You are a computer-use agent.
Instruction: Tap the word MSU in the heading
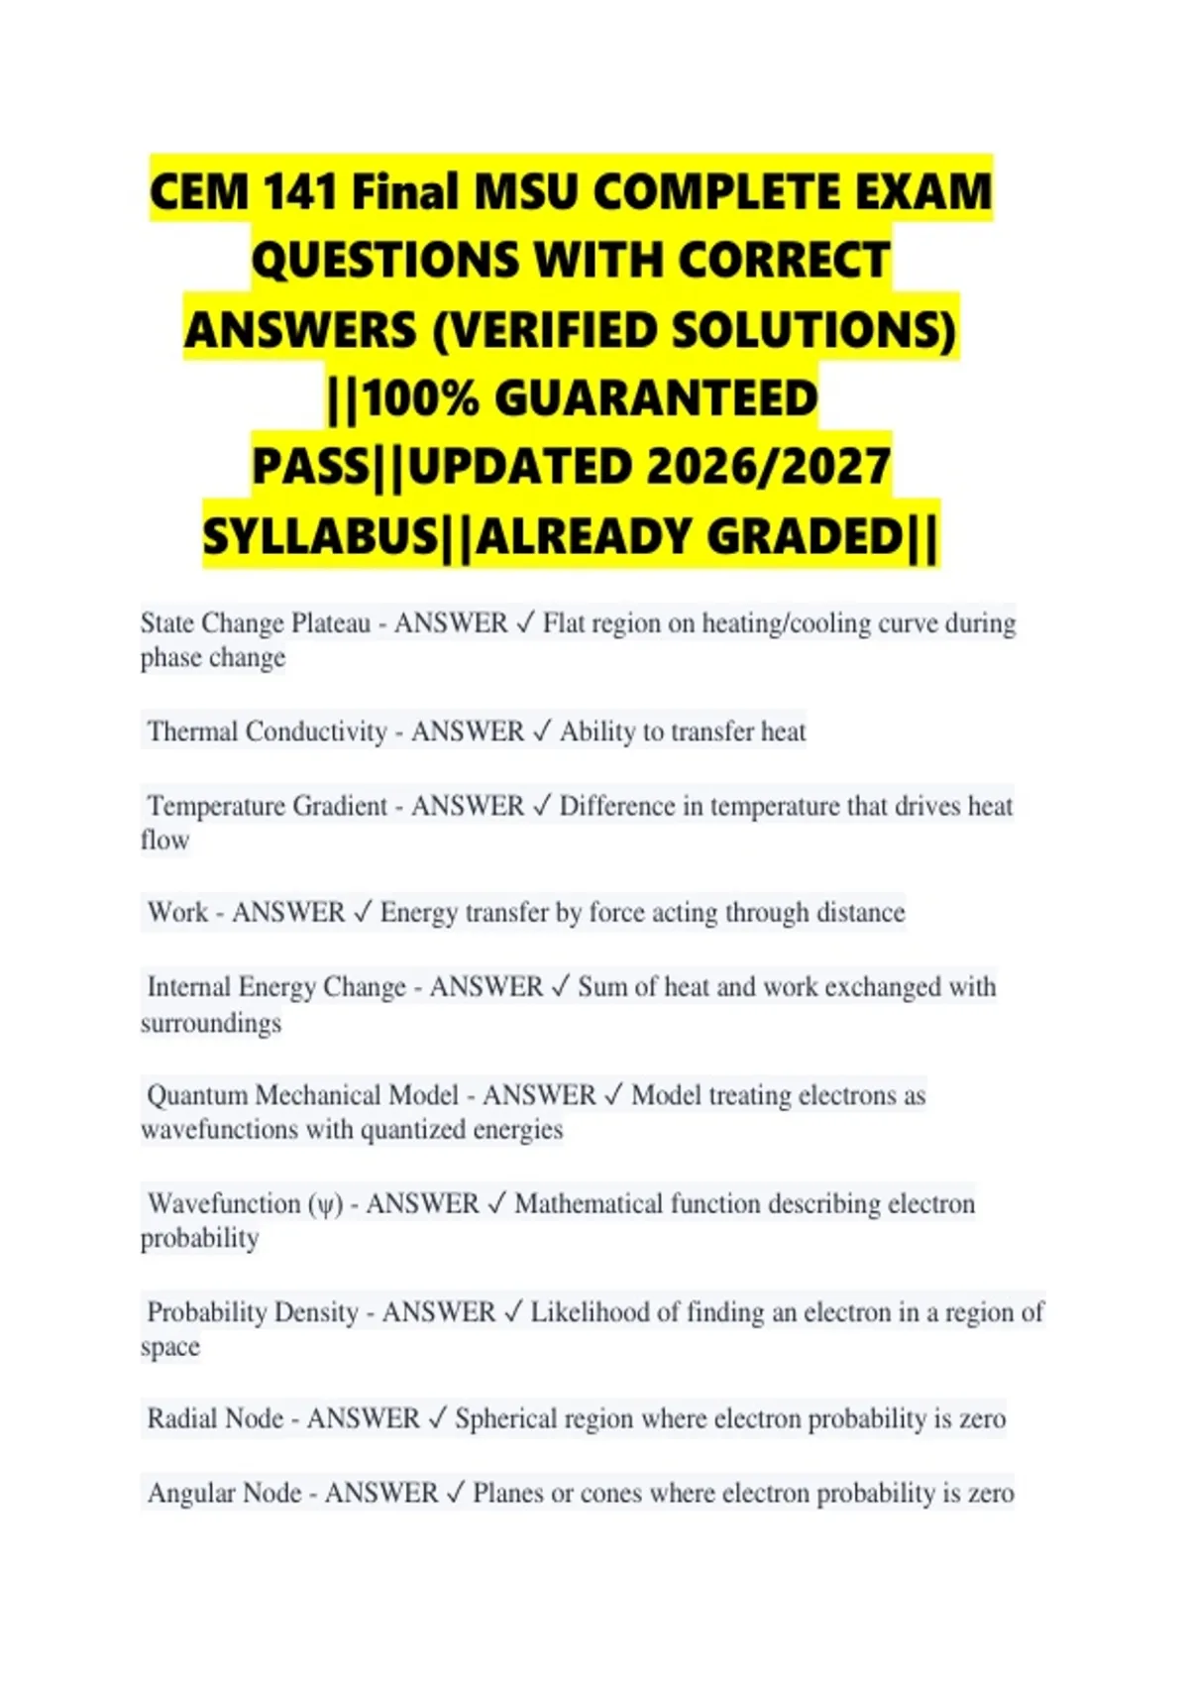525,191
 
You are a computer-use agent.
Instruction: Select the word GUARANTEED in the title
656,399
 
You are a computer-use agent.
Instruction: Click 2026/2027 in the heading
768,468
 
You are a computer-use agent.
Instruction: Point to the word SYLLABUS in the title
320,537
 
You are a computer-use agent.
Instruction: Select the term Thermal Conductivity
267,731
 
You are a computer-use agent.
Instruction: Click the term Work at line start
177,912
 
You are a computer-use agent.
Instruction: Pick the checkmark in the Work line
363,912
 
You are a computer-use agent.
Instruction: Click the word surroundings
211,1023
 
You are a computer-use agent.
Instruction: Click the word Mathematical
589,1203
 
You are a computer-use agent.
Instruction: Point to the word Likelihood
591,1312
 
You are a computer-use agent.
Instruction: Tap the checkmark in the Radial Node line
437,1418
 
